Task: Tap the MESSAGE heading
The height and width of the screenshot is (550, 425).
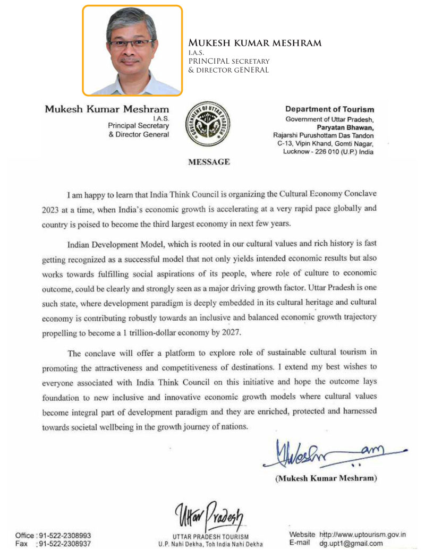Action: [x=209, y=162]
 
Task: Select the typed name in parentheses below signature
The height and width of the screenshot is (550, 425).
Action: [x=326, y=478]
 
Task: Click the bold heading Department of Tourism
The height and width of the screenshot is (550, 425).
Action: [x=329, y=109]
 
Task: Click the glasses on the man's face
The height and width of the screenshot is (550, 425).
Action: [x=131, y=43]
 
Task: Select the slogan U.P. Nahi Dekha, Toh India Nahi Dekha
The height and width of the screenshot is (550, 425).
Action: [x=210, y=544]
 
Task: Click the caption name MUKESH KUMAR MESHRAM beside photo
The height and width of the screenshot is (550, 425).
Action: [x=255, y=43]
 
